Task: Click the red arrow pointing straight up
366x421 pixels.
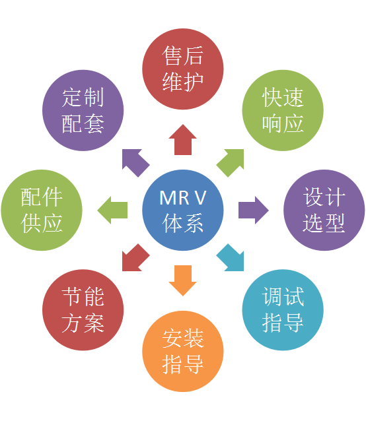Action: tap(183, 140)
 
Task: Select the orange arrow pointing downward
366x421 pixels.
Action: tap(183, 280)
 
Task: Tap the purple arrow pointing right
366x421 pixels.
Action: tap(254, 210)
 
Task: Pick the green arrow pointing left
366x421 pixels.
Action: tap(112, 210)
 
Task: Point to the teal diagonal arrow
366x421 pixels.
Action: tap(231, 258)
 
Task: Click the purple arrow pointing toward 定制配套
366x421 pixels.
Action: tap(135, 162)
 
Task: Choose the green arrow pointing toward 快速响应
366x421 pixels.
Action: tap(231, 162)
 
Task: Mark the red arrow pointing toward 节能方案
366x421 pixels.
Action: tap(135, 258)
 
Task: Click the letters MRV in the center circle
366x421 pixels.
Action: tap(183, 198)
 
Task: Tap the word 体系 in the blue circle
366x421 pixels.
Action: tap(183, 223)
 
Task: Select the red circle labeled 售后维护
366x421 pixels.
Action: tap(183, 69)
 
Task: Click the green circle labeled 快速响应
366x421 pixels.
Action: tap(283, 110)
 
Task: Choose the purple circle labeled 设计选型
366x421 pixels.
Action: tap(324, 210)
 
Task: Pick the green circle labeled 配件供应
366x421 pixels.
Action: tap(42, 210)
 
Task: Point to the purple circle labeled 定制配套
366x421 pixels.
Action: tap(83, 110)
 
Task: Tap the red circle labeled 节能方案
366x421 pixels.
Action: tap(83, 310)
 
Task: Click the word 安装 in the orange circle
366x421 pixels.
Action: tap(183, 339)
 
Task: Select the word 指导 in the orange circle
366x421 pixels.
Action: tap(183, 364)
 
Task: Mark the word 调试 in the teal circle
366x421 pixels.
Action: tap(283, 297)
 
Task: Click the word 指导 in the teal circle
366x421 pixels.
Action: tap(283, 323)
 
